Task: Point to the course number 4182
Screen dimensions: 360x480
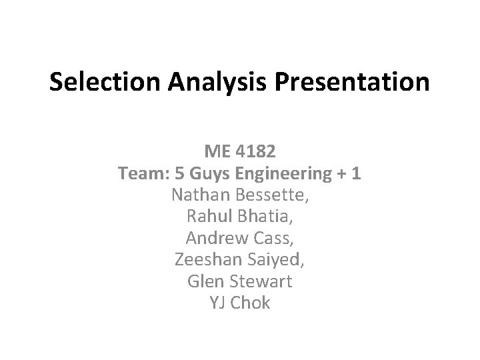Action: (257, 153)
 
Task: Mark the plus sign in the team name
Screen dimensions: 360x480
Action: (342, 175)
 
